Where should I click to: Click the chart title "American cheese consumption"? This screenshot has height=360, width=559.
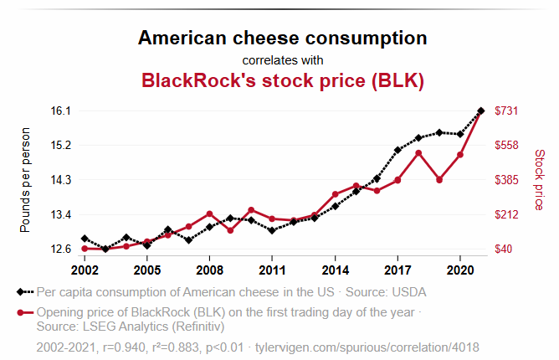(282, 38)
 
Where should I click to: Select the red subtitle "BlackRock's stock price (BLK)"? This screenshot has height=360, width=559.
(282, 81)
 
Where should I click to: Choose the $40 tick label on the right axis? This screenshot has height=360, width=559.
(505, 249)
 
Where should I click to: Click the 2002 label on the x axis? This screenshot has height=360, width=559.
(85, 270)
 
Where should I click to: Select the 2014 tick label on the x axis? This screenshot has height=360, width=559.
(335, 270)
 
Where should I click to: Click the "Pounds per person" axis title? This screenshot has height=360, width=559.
(26, 180)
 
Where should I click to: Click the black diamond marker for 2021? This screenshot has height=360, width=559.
(481, 111)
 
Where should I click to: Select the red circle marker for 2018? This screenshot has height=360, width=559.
(418, 153)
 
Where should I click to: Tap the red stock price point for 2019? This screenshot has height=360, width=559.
(439, 180)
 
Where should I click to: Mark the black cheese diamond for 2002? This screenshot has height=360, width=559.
(85, 239)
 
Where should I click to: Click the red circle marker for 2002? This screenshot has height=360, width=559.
(85, 249)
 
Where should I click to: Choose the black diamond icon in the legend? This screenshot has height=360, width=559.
(20, 292)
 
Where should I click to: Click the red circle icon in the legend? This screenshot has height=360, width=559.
(20, 312)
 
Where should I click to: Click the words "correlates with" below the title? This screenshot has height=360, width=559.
(282, 60)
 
